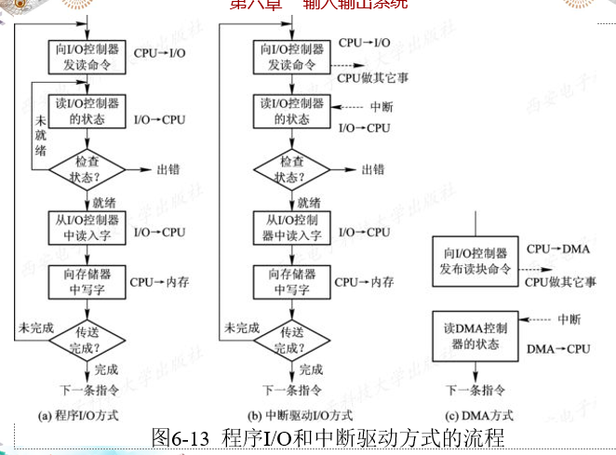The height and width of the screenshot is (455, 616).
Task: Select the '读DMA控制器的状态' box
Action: [475, 336]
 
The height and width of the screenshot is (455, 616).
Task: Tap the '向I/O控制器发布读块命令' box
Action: [475, 259]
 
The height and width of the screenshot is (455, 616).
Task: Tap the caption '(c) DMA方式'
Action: [476, 414]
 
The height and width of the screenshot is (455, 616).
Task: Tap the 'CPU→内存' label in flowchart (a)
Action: [159, 282]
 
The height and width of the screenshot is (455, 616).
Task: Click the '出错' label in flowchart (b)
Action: [372, 169]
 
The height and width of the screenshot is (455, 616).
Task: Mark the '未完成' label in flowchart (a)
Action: [34, 328]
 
